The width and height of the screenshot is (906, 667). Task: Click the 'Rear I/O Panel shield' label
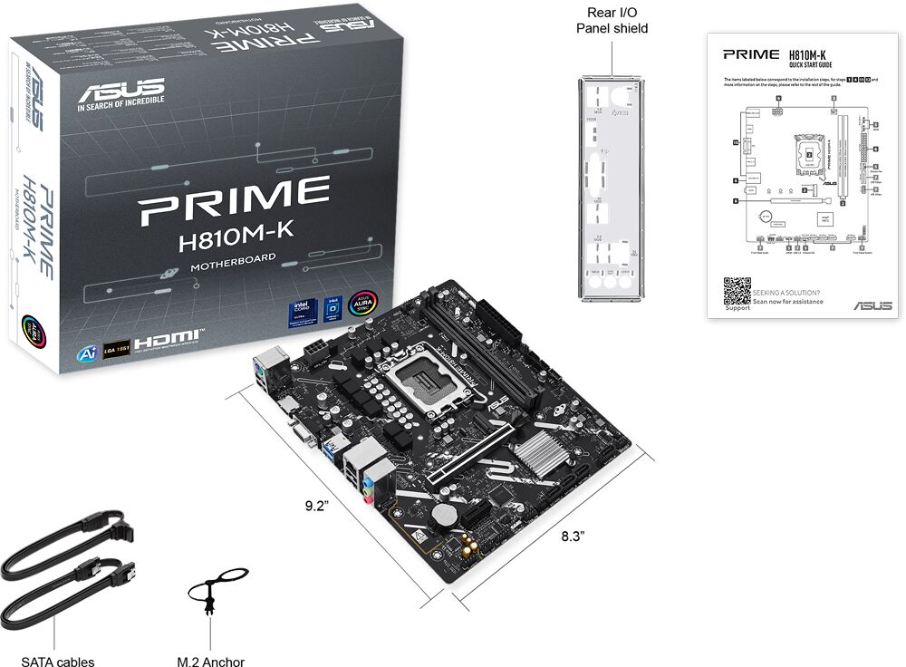(x=612, y=20)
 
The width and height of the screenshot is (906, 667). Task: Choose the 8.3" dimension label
(x=573, y=536)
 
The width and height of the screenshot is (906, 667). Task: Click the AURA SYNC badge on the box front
(x=363, y=307)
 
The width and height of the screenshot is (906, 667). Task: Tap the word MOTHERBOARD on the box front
(x=234, y=266)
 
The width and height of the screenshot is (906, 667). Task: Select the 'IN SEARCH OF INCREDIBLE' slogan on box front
(x=120, y=108)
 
